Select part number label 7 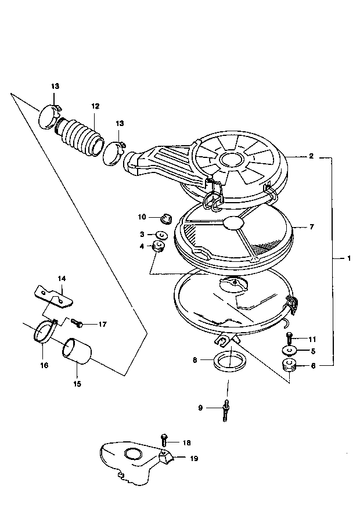311,226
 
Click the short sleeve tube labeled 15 77,351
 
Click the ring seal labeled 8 230,361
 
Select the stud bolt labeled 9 225,411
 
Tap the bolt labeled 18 164,440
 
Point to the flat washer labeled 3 161,235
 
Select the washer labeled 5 289,351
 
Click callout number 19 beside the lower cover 193,458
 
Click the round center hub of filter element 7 233,222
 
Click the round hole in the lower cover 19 132,454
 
